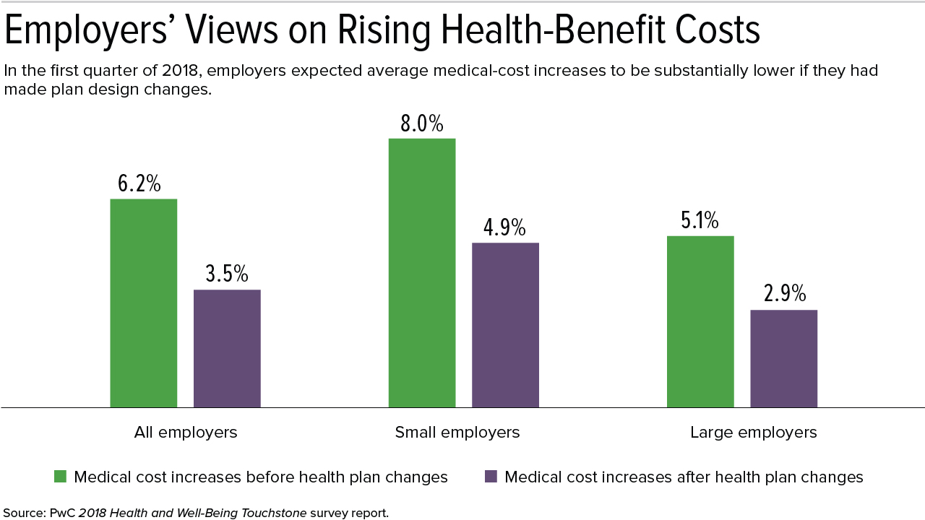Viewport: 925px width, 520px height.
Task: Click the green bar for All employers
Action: (144, 303)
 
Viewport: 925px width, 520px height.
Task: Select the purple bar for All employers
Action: (227, 349)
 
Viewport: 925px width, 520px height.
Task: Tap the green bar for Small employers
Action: (422, 273)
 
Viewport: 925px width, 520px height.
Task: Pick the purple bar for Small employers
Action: (505, 325)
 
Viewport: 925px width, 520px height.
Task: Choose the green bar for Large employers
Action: (700, 322)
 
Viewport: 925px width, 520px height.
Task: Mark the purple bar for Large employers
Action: (784, 359)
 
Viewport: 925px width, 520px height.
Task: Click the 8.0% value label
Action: (422, 123)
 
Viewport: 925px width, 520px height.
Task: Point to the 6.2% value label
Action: (139, 183)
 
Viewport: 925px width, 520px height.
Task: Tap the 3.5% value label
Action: (227, 274)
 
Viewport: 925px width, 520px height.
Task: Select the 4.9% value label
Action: (504, 227)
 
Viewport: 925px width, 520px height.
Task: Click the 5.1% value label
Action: (700, 220)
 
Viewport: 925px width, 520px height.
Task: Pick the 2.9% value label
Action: (785, 293)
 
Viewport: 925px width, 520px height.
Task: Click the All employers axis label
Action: (186, 433)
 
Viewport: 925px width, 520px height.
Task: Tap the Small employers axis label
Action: (457, 433)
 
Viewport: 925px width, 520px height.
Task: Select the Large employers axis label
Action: (754, 433)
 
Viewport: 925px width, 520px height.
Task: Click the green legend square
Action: (60, 477)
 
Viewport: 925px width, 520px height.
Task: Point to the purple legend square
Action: (491, 477)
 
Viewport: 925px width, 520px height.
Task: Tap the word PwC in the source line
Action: (62, 513)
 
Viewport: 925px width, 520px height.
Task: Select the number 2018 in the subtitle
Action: (181, 71)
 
